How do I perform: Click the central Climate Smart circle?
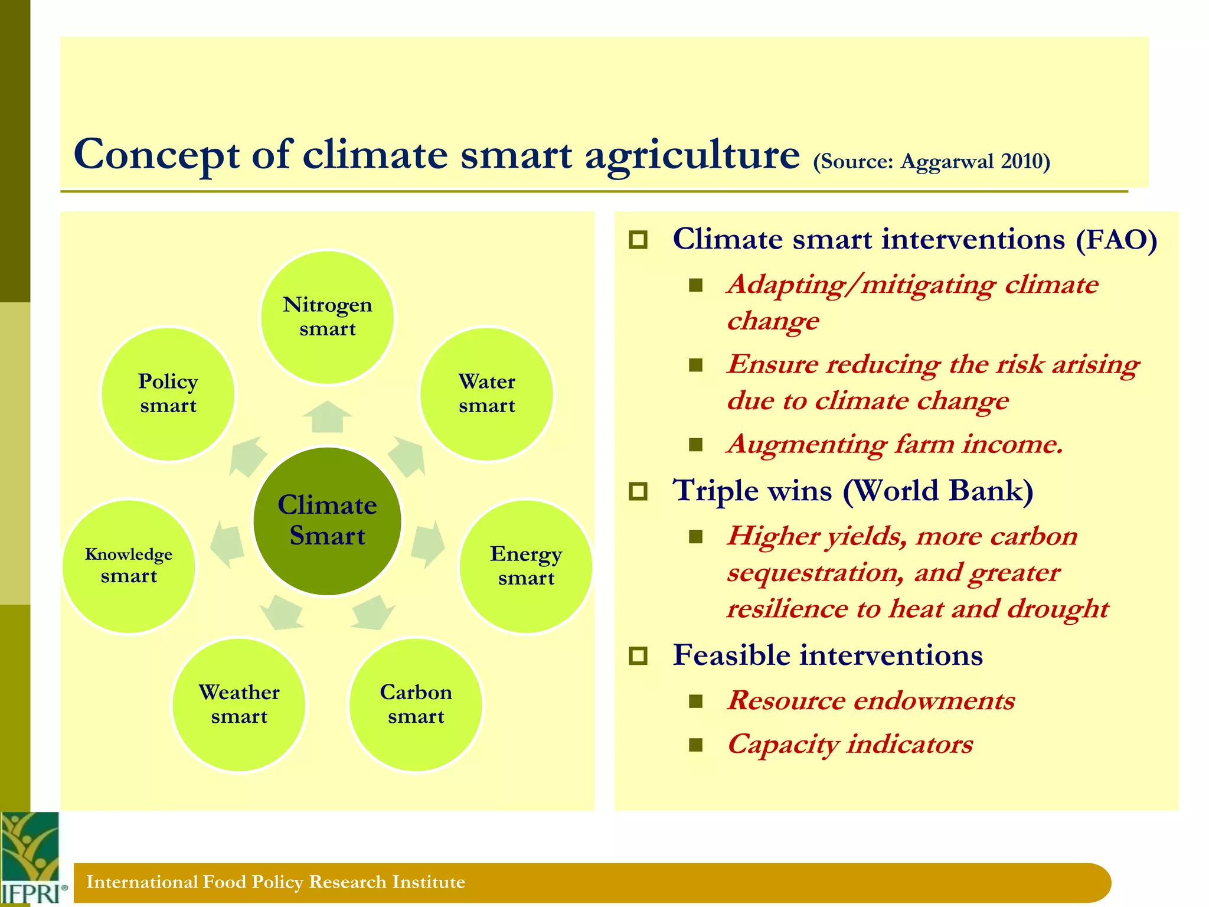pos(327,521)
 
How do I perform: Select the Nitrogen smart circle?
pos(327,317)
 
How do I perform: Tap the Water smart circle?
pos(486,394)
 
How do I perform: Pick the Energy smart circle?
pos(525,566)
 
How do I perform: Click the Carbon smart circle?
pos(416,704)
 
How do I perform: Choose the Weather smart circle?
pos(239,704)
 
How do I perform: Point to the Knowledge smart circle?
pos(129,566)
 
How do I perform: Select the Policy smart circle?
pos(168,394)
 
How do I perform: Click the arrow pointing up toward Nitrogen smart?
pos(327,416)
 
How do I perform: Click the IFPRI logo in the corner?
pos(31,859)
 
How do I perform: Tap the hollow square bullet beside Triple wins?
pos(638,491)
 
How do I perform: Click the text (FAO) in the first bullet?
pos(1116,240)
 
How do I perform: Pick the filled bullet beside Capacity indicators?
pos(696,745)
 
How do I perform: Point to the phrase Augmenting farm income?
pos(895,444)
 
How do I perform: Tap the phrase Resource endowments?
pos(871,701)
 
